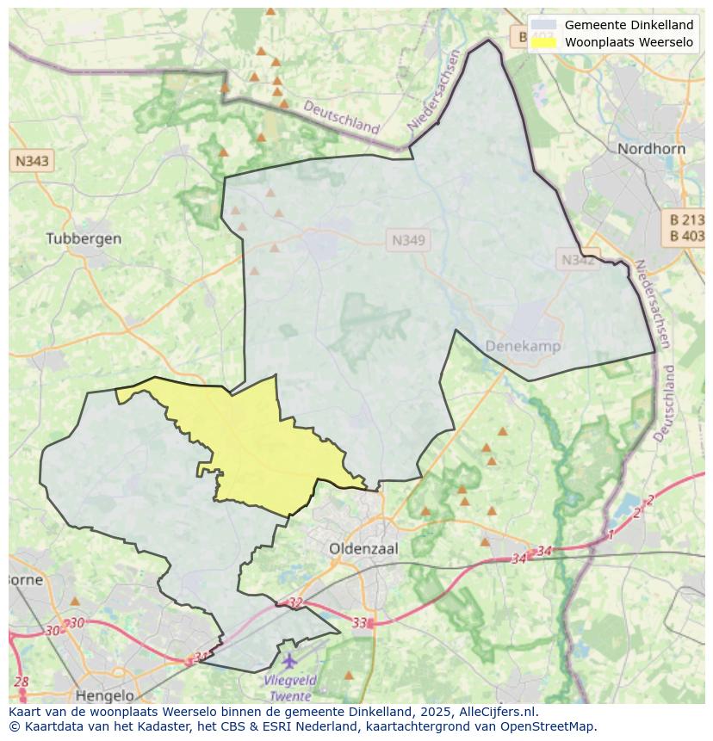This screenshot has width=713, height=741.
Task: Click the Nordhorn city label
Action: coord(651,149)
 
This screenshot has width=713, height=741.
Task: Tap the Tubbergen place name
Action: coord(84,238)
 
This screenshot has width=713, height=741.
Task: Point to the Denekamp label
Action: coord(523,346)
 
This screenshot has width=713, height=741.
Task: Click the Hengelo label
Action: coord(105,695)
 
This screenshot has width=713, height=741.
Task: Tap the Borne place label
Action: coord(24,579)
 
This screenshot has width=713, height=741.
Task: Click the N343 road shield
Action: coord(32,161)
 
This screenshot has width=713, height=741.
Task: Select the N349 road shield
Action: coord(408,241)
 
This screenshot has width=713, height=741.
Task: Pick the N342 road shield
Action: coord(577,259)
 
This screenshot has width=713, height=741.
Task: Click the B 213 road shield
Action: coord(686,219)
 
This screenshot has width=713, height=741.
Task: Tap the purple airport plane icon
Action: coord(289,661)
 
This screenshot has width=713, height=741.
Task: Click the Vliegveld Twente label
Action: coord(290,688)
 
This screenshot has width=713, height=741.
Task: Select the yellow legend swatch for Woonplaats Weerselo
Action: coord(543,41)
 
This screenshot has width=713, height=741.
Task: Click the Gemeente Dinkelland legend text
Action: coord(629,25)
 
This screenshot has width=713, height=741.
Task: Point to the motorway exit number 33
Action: coord(360,622)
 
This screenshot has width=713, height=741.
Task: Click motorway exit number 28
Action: coord(21,682)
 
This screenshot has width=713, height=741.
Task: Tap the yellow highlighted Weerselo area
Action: coord(258,448)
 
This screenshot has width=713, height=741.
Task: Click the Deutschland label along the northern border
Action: coord(341,117)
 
